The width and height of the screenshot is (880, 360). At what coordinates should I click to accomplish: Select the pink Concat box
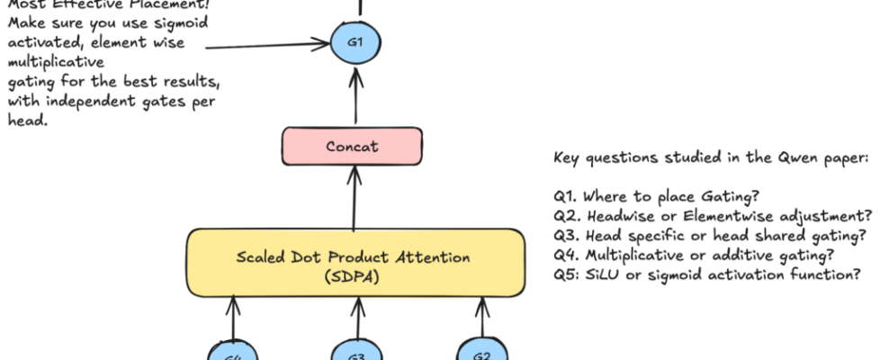pyautogui.click(x=354, y=146)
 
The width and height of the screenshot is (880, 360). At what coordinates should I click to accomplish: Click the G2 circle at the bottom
pyautogui.click(x=481, y=351)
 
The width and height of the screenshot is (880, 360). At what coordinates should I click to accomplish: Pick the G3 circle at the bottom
pyautogui.click(x=355, y=351)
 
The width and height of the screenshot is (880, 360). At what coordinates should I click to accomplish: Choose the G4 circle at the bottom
pyautogui.click(x=232, y=351)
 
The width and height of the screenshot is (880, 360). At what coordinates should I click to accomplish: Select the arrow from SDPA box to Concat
pyautogui.click(x=354, y=198)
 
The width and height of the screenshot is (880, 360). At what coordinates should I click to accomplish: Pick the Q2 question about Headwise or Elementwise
pyautogui.click(x=713, y=215)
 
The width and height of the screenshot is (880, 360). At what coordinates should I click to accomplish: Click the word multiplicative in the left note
pyautogui.click(x=56, y=64)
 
